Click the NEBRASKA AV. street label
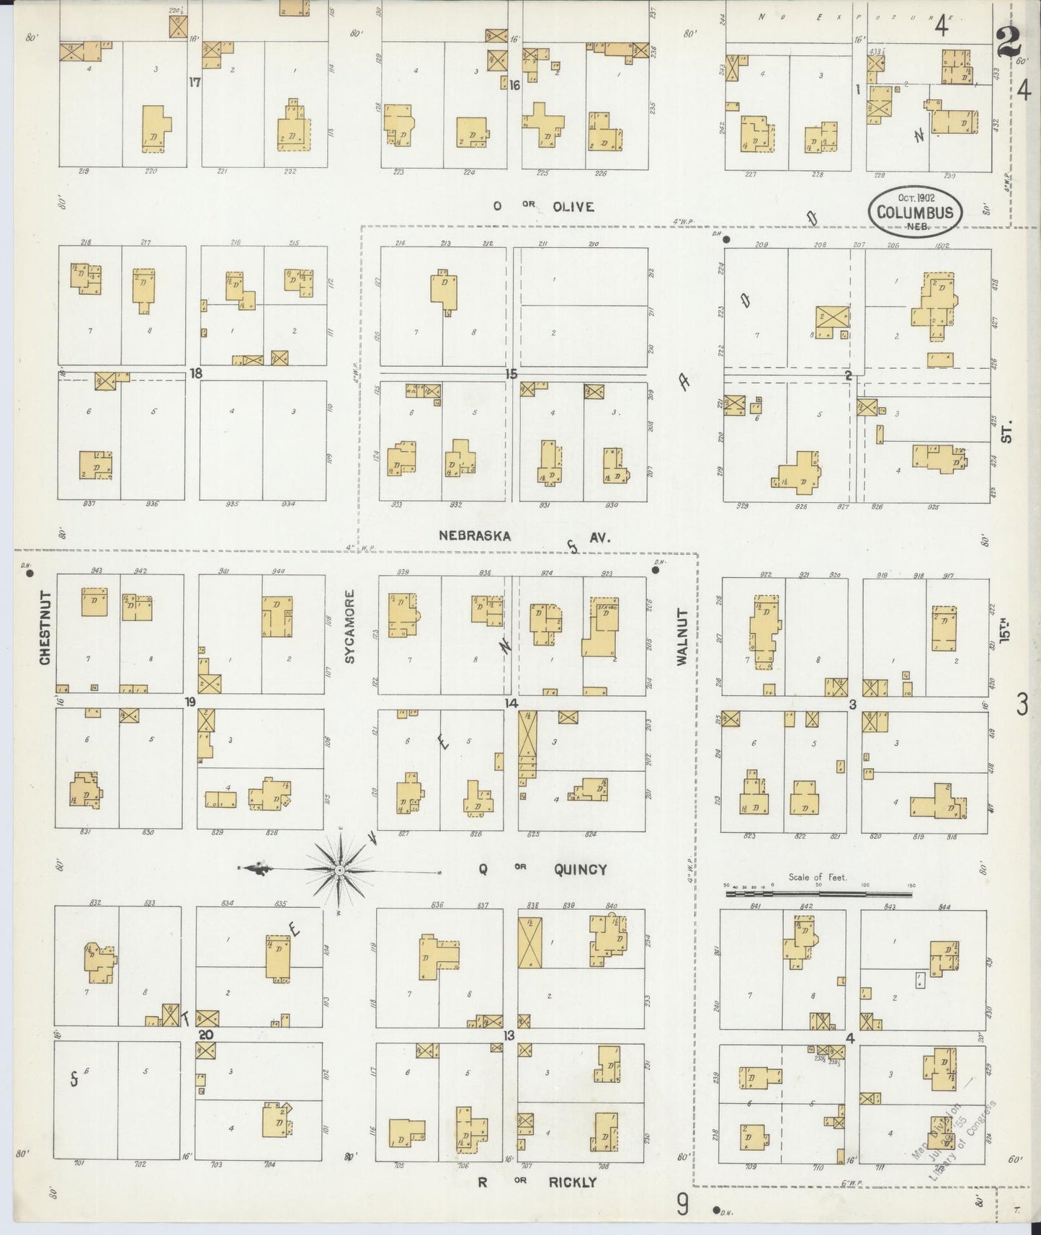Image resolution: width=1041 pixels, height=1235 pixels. click(x=525, y=536)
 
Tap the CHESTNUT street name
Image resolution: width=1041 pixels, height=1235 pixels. click(x=45, y=628)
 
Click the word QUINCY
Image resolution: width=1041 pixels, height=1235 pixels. click(x=580, y=870)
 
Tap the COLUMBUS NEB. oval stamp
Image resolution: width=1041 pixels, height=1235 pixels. click(x=915, y=212)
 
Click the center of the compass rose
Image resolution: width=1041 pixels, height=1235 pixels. click(x=339, y=870)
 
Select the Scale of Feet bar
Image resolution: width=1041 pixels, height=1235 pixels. click(x=818, y=893)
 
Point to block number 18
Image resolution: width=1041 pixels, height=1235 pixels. click(x=195, y=373)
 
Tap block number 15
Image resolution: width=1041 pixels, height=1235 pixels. click(x=511, y=374)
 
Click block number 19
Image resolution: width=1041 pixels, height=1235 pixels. click(x=190, y=702)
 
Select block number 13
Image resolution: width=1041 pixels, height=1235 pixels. click(x=509, y=1036)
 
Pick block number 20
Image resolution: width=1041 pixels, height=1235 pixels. click(x=206, y=1035)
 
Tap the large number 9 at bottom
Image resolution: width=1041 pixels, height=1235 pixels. click(x=682, y=1204)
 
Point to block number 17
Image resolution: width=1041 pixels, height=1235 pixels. click(x=195, y=82)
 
